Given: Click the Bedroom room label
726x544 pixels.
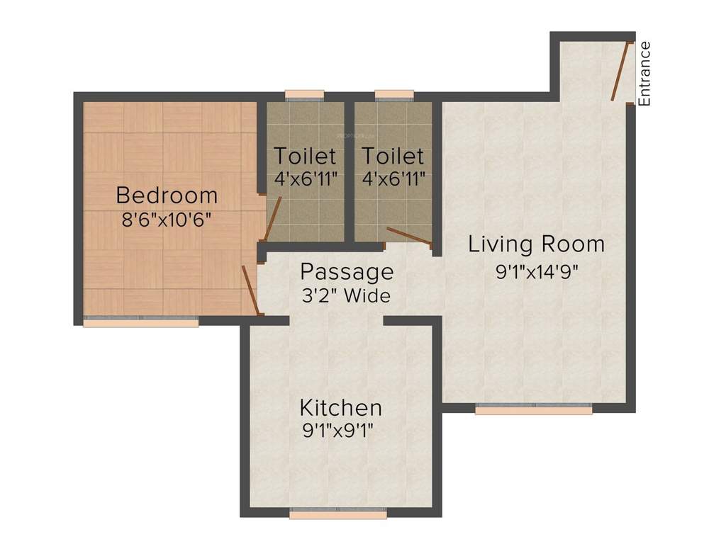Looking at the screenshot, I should click(x=167, y=194).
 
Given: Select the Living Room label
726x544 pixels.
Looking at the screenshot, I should click(x=536, y=244).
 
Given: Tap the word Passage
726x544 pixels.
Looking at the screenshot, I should click(x=346, y=271).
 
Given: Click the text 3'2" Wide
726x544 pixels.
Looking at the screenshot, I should click(x=345, y=295).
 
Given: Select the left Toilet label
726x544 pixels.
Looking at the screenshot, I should click(x=305, y=155).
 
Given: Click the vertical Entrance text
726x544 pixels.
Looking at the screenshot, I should click(x=644, y=74).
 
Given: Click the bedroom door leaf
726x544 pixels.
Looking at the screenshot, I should click(x=250, y=289).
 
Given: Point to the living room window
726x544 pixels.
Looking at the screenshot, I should click(x=533, y=409).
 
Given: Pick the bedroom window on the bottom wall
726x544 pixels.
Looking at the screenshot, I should click(x=140, y=322).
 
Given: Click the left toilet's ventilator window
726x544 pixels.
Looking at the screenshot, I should click(x=305, y=94).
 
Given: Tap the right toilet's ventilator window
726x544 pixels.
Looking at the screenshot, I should click(x=394, y=94).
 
